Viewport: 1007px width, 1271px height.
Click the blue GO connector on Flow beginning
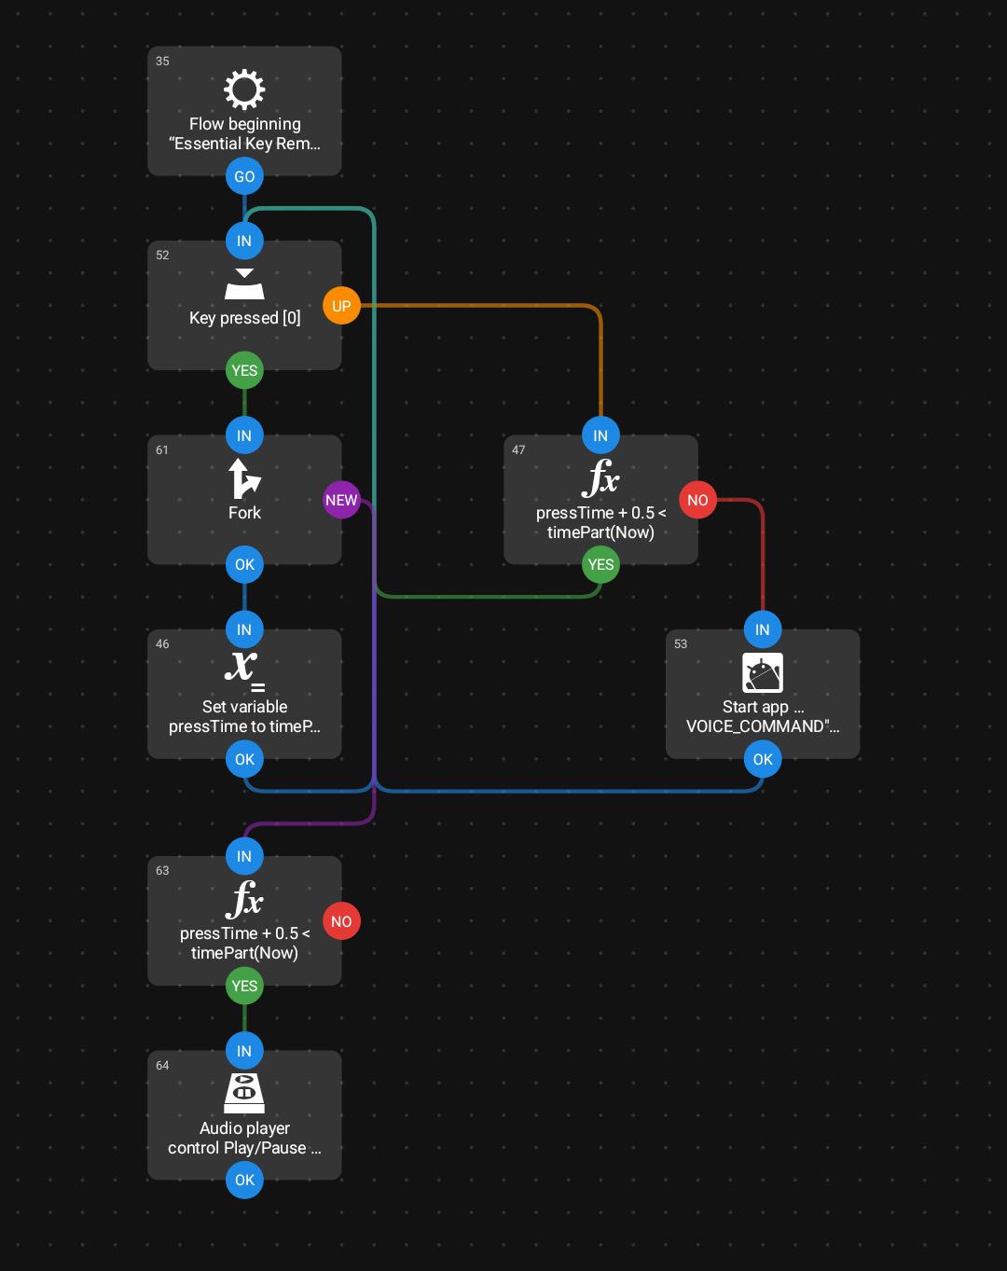[244, 176]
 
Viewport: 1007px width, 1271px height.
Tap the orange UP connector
[341, 306]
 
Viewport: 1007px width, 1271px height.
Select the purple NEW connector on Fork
[341, 500]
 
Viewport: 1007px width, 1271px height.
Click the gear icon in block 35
[244, 90]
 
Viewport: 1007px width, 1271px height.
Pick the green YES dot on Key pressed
[244, 370]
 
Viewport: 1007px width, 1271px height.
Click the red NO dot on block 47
[697, 500]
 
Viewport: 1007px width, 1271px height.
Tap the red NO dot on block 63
[341, 921]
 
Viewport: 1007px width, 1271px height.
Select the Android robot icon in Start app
[763, 672]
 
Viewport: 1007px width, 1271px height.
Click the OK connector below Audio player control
[244, 1180]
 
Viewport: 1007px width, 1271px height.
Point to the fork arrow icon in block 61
[244, 479]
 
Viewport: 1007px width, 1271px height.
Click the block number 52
[162, 256]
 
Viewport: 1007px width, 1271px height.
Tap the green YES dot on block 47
[600, 564]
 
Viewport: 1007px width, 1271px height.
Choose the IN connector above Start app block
[763, 629]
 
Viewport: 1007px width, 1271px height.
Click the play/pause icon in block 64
[244, 1093]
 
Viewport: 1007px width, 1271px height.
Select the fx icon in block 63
[244, 900]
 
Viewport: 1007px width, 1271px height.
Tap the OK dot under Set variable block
[244, 759]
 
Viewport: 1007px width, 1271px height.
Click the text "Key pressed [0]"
[244, 318]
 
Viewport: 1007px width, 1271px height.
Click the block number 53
[681, 643]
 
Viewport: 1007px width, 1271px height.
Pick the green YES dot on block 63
[244, 986]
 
